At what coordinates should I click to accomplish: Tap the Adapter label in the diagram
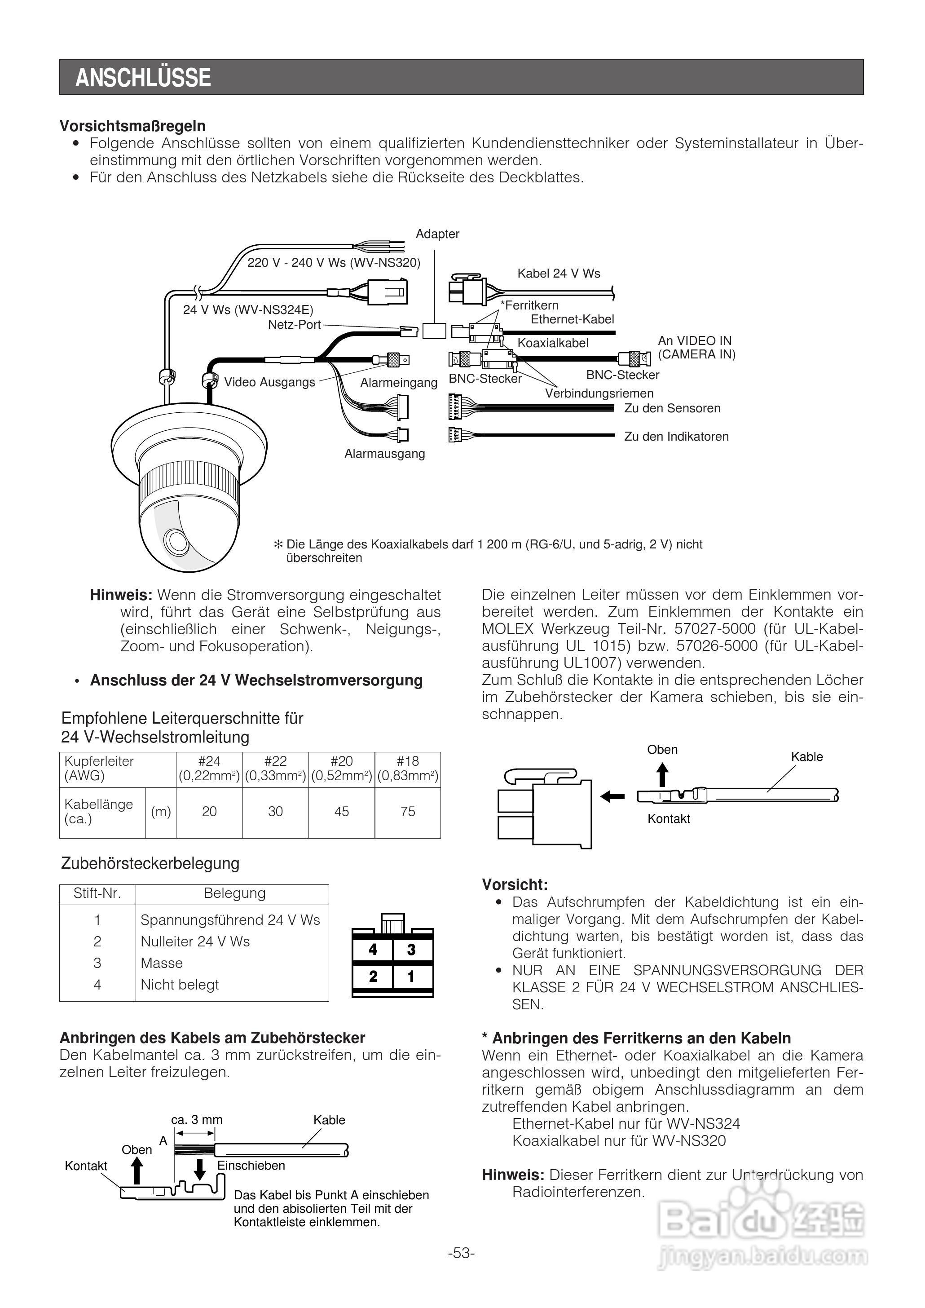[437, 234]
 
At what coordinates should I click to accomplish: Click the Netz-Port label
[294, 325]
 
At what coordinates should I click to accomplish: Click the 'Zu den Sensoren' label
[672, 408]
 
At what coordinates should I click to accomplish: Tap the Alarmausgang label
[384, 454]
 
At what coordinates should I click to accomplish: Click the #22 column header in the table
[276, 761]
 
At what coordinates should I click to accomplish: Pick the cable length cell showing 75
[408, 812]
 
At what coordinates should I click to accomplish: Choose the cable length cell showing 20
[209, 812]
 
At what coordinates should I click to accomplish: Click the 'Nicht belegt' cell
[180, 985]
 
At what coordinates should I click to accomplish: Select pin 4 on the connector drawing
[373, 950]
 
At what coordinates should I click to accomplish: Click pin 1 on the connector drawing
[411, 977]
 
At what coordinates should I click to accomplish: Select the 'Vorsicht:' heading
[515, 885]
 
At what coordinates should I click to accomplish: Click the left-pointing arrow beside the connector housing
[613, 796]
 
